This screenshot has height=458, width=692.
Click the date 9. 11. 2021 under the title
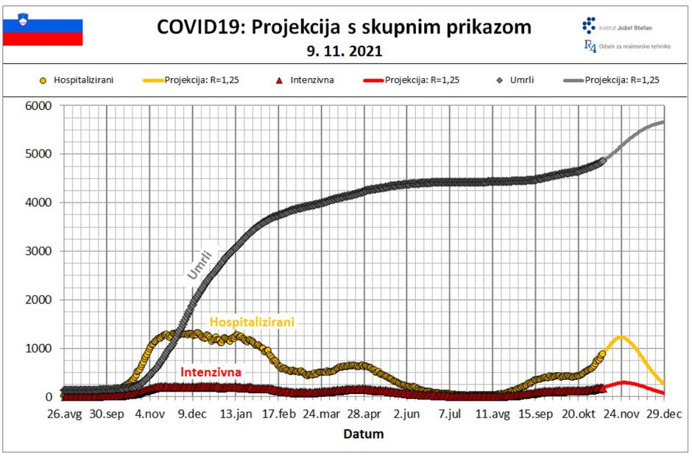[x=345, y=52]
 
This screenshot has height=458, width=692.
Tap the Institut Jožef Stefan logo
[x=590, y=26]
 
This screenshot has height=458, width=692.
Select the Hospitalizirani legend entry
[x=77, y=80]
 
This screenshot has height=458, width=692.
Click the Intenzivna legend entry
[x=306, y=80]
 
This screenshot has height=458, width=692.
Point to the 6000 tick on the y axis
[x=37, y=105]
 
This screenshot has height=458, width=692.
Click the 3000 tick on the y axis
[x=37, y=251]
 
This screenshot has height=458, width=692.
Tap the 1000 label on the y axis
[x=37, y=348]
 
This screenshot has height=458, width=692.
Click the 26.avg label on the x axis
[x=63, y=414]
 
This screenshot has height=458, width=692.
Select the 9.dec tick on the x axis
[x=192, y=414]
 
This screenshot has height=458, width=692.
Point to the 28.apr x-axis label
[x=364, y=414]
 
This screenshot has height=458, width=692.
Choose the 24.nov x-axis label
[x=620, y=414]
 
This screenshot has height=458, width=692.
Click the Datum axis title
[x=364, y=434]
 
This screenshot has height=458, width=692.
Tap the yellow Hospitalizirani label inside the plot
[x=252, y=322]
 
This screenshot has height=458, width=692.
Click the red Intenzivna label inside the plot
[x=211, y=372]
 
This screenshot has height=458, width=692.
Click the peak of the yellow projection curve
[x=621, y=337]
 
